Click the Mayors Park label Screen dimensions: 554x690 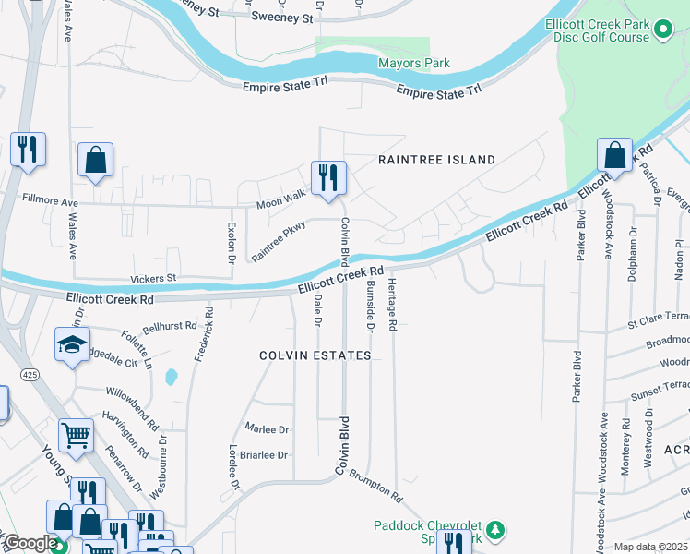click(x=414, y=63)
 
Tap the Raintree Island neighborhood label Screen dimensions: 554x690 click(x=437, y=160)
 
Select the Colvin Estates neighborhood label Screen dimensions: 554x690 click(x=315, y=355)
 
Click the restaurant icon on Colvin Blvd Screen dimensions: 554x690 click(x=328, y=176)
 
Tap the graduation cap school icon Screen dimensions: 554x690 click(x=73, y=344)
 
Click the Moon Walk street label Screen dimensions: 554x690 click(x=280, y=197)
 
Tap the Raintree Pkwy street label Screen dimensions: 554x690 click(x=278, y=240)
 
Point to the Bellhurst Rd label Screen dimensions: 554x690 click(x=170, y=326)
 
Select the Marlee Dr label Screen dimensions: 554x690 click(x=268, y=429)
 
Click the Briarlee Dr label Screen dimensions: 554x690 click(x=265, y=455)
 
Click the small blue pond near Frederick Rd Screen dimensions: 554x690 click(x=171, y=377)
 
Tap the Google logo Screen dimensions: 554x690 click(x=30, y=544)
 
